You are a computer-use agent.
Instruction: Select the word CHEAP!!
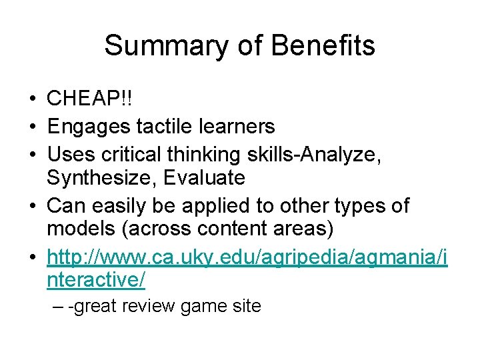(x=89, y=99)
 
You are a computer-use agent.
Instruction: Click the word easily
(x=127, y=205)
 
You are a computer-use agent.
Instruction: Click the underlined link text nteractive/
(x=96, y=280)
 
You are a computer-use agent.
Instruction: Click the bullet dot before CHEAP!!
(x=32, y=100)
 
